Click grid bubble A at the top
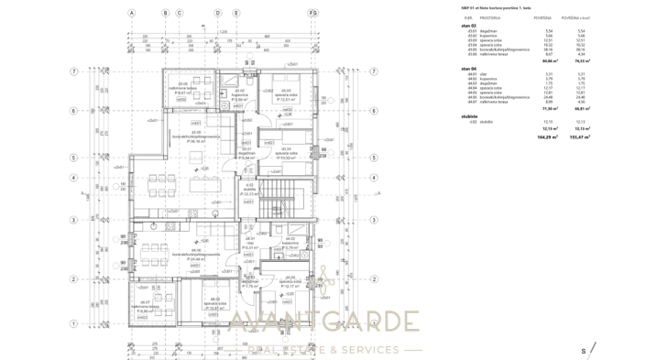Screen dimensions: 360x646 click(132, 14)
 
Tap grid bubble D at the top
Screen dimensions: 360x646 click(218, 14)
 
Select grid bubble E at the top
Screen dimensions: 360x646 click(314, 14)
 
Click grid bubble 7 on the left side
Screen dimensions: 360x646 click(74, 71)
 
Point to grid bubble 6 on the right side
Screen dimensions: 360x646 click(374, 111)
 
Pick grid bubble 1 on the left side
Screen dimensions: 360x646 click(74, 323)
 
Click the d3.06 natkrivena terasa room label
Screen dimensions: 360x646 click(182, 88)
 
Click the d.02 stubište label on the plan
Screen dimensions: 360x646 click(248, 190)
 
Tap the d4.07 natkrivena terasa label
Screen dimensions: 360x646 click(146, 307)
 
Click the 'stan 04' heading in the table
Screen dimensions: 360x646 click(469, 69)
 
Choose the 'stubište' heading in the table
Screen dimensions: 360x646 click(470, 116)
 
